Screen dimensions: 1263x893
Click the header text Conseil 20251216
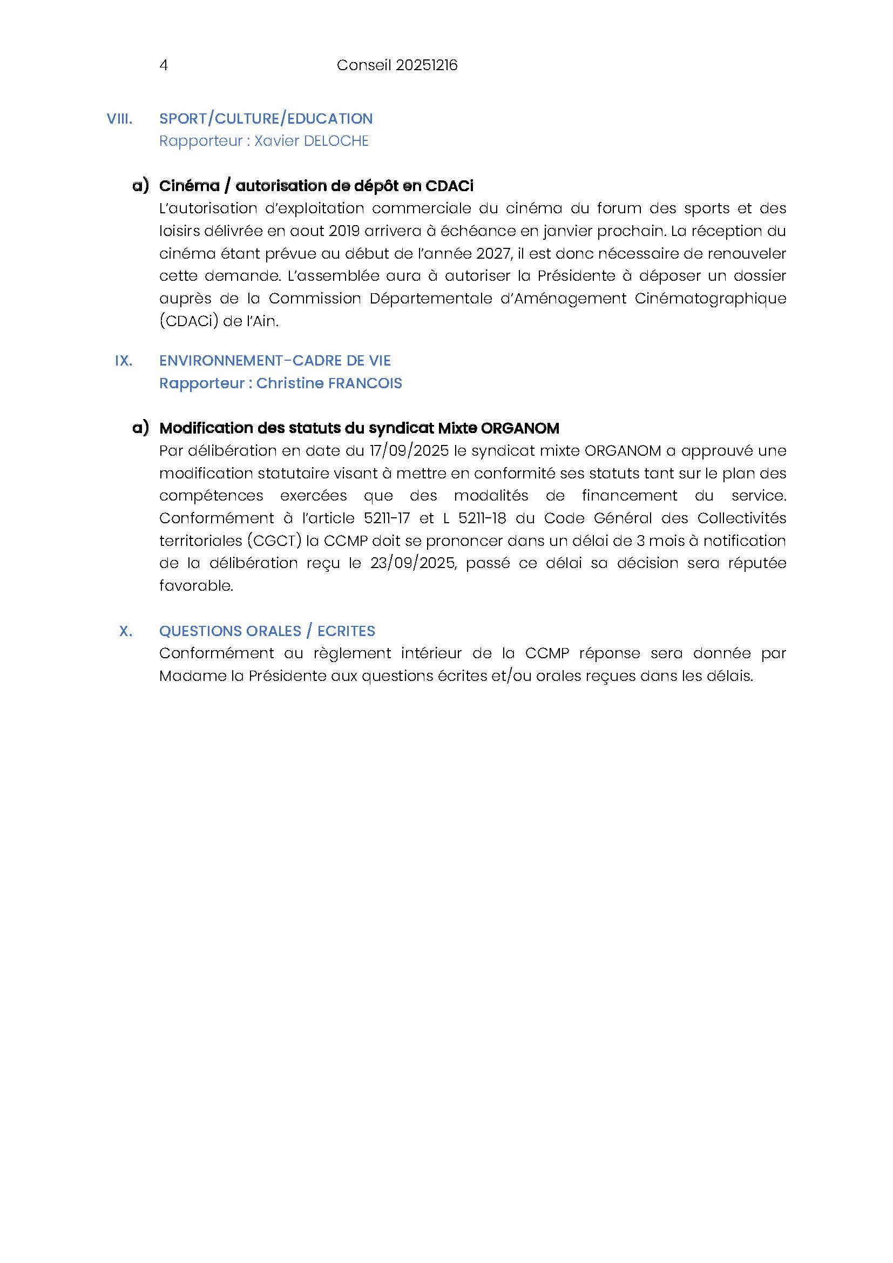click(x=397, y=65)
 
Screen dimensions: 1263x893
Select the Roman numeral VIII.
click(x=119, y=119)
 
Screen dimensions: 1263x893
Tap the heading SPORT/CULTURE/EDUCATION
click(x=266, y=119)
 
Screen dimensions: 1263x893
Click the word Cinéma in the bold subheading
click(x=189, y=186)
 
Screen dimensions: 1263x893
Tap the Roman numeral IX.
click(x=123, y=361)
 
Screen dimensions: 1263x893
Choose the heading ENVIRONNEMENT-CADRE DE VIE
click(x=275, y=361)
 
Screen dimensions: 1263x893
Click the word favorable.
click(x=197, y=586)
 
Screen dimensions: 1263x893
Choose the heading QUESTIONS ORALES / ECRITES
click(x=267, y=631)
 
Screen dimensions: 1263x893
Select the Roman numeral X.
click(x=125, y=631)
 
